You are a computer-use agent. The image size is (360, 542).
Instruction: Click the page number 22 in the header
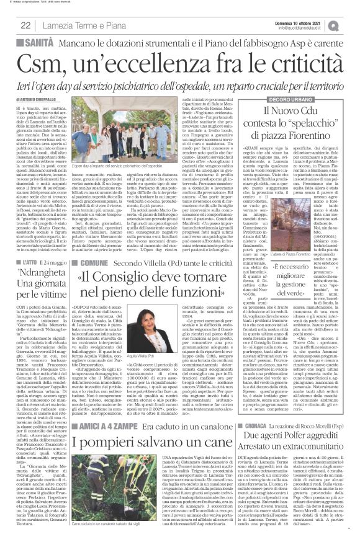tap(25, 25)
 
